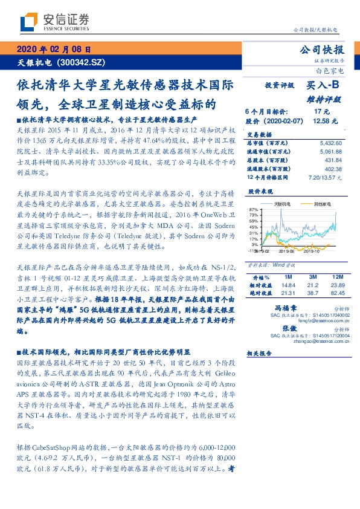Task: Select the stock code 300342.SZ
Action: point(85,62)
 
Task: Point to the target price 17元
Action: point(321,112)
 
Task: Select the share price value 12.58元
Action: point(322,121)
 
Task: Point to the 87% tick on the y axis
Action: point(253,209)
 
